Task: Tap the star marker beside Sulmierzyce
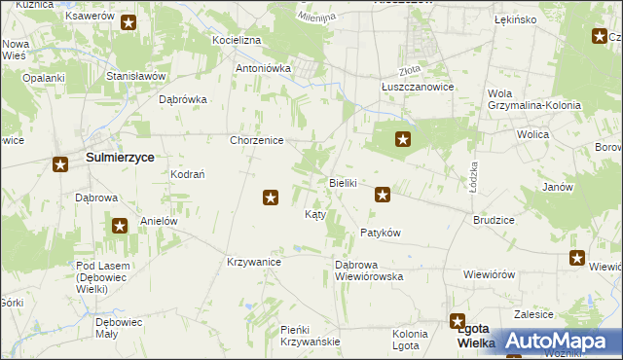[60, 164]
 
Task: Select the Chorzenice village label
[256, 140]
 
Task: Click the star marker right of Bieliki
[384, 196]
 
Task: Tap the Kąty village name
[315, 213]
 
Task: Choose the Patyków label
[381, 233]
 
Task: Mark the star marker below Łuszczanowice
[402, 140]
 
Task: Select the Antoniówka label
[264, 69]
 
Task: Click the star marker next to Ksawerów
[128, 21]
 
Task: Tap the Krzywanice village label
[254, 263]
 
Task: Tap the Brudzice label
[494, 220]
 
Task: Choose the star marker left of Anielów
[120, 227]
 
